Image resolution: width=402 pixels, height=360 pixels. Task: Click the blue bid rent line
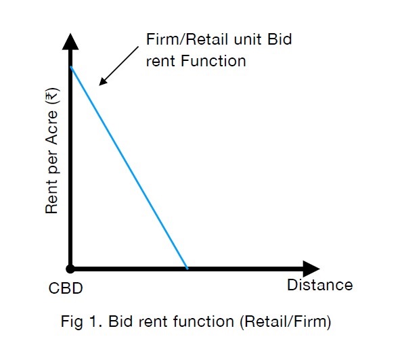pyautogui.click(x=129, y=168)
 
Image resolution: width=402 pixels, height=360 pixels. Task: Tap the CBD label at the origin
pyautogui.click(x=66, y=288)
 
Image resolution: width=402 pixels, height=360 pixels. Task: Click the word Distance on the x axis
pyautogui.click(x=319, y=285)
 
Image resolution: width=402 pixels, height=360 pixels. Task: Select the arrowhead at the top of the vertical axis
pyautogui.click(x=70, y=41)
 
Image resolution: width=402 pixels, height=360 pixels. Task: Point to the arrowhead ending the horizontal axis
pyautogui.click(x=311, y=269)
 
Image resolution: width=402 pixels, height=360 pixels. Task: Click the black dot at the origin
pyautogui.click(x=70, y=269)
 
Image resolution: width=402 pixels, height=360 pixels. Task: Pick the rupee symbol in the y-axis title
pyautogui.click(x=52, y=96)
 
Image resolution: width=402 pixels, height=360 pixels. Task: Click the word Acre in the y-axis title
pyautogui.click(x=52, y=127)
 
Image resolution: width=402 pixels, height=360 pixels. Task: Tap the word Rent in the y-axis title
pyautogui.click(x=51, y=196)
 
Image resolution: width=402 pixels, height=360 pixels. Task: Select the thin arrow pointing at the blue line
pyautogui.click(x=118, y=66)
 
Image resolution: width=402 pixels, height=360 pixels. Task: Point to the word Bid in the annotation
pyautogui.click(x=280, y=39)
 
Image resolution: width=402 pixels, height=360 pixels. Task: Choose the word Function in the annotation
pyautogui.click(x=213, y=61)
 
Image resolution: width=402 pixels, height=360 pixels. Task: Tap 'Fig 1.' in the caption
pyautogui.click(x=81, y=321)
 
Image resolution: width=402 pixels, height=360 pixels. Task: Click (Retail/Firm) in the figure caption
pyautogui.click(x=286, y=321)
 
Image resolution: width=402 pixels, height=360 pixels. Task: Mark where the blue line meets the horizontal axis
pyautogui.click(x=187, y=269)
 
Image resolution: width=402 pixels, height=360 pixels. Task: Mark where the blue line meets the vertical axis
pyautogui.click(x=71, y=67)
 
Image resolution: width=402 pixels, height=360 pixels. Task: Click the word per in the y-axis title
pyautogui.click(x=53, y=162)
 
